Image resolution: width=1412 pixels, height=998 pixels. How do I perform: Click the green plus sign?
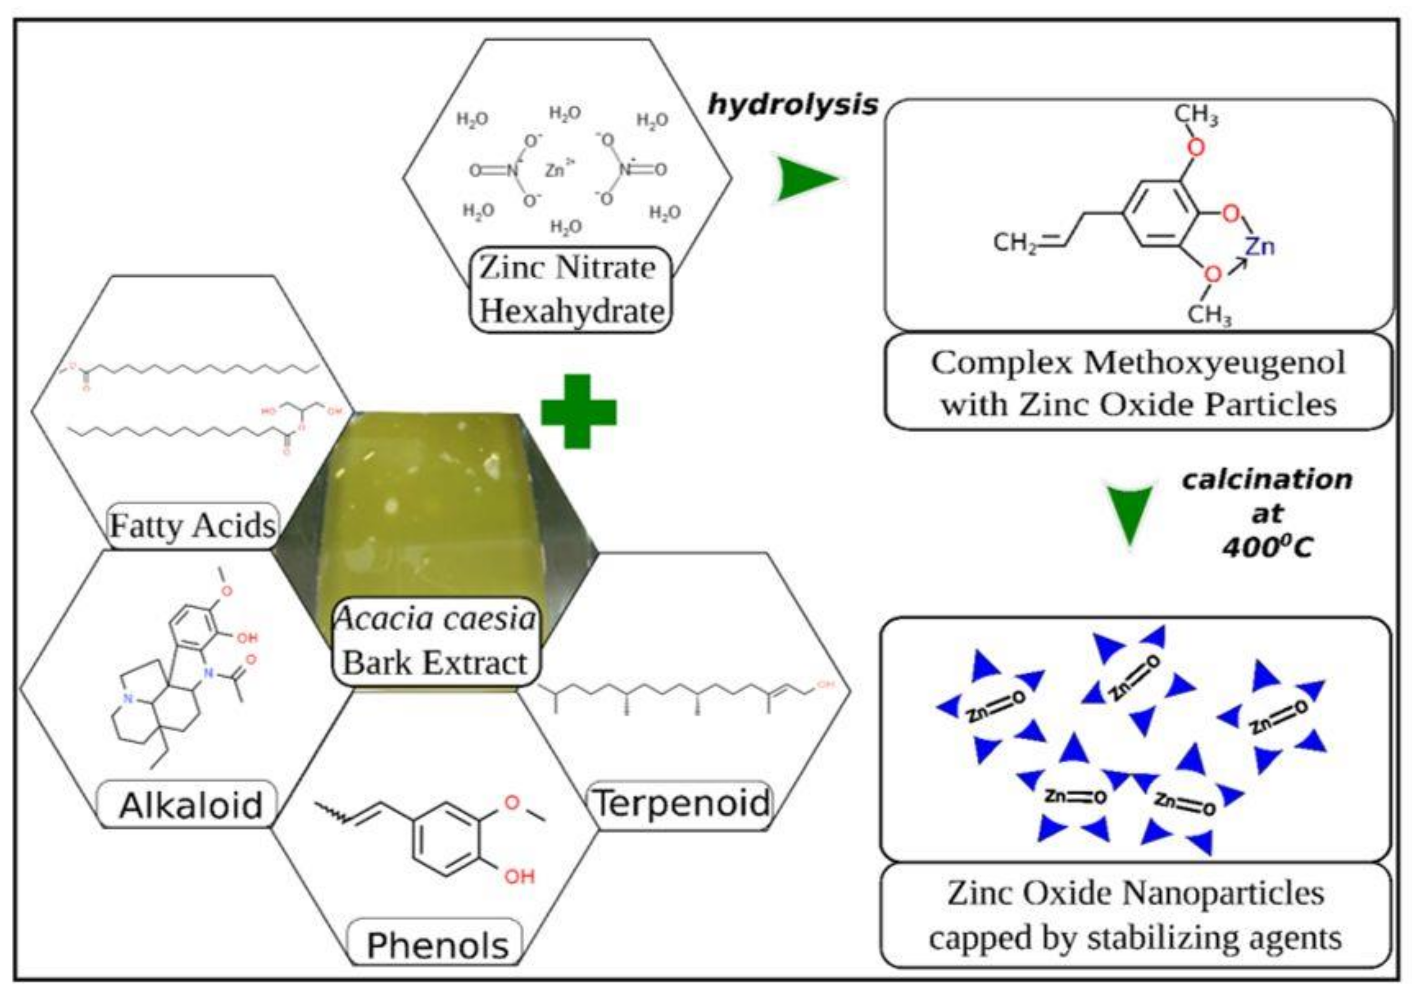(x=578, y=411)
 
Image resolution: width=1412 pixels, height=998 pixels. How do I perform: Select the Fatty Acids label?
(x=193, y=526)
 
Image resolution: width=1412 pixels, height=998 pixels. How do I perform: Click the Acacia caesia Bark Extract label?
(x=435, y=641)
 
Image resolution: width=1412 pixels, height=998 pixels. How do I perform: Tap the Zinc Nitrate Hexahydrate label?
(x=570, y=290)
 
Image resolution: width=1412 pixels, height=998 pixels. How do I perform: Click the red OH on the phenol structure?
(x=519, y=876)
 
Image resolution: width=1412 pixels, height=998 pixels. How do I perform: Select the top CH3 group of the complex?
(x=1195, y=115)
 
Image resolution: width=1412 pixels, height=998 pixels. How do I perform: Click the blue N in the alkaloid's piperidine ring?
(x=127, y=698)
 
